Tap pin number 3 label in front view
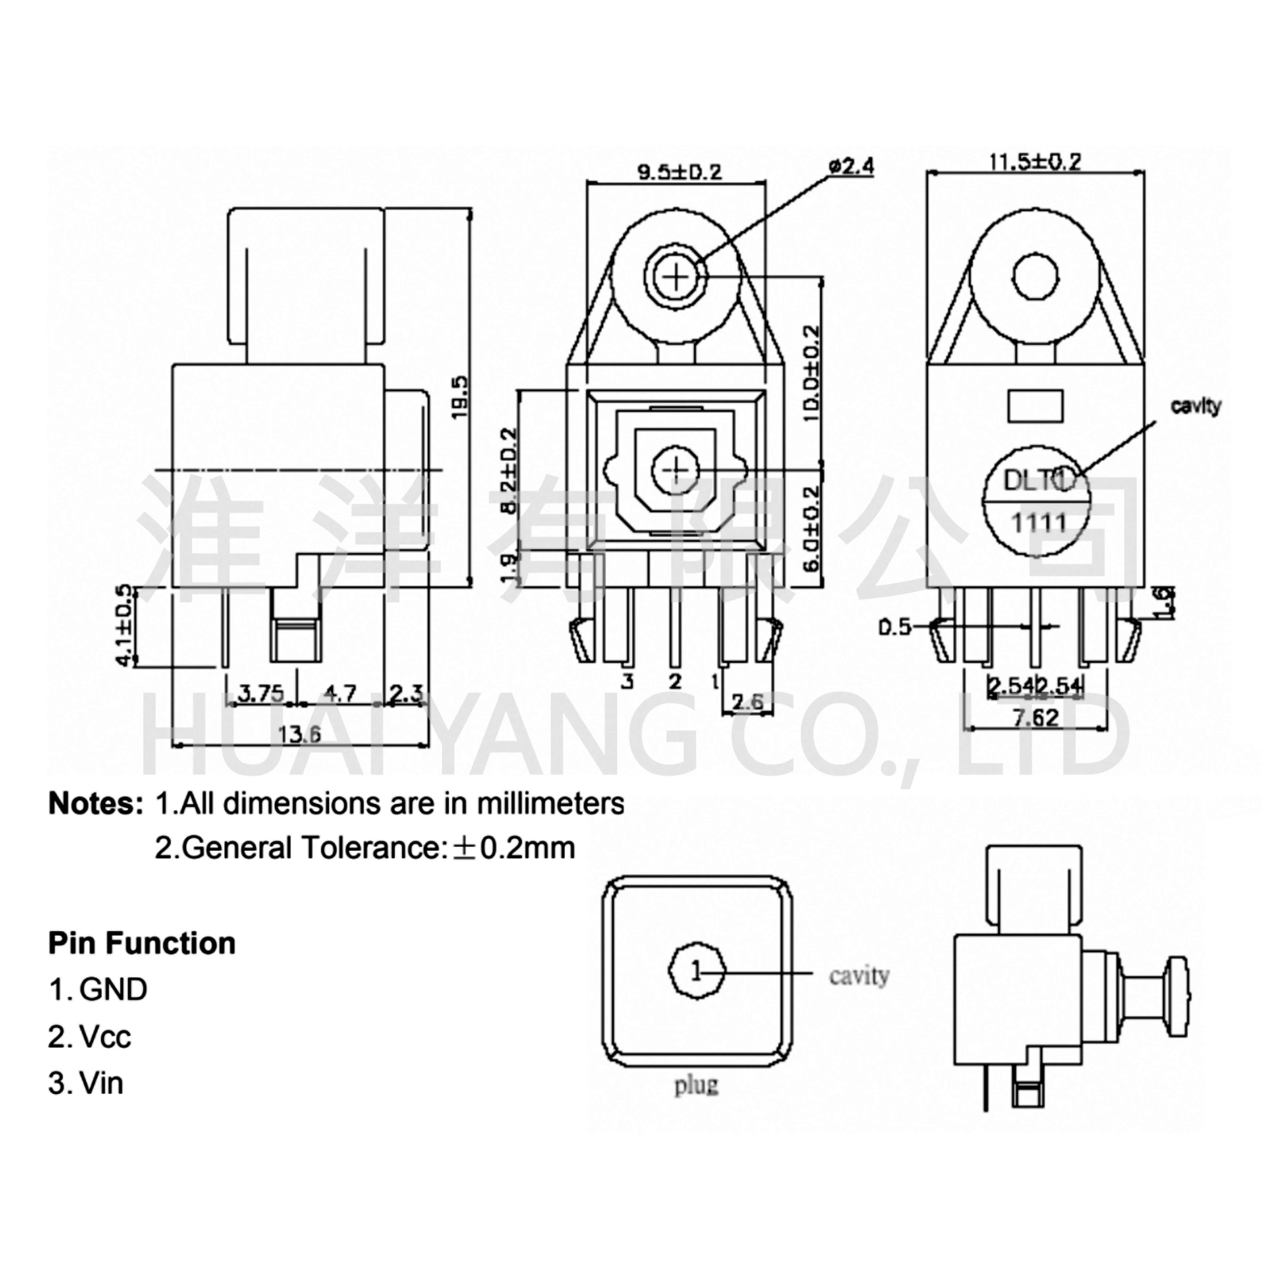pos(627,681)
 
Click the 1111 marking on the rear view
pos(1039,523)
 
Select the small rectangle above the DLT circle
pos(1035,406)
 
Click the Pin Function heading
pos(142,943)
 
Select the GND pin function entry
pos(98,990)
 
